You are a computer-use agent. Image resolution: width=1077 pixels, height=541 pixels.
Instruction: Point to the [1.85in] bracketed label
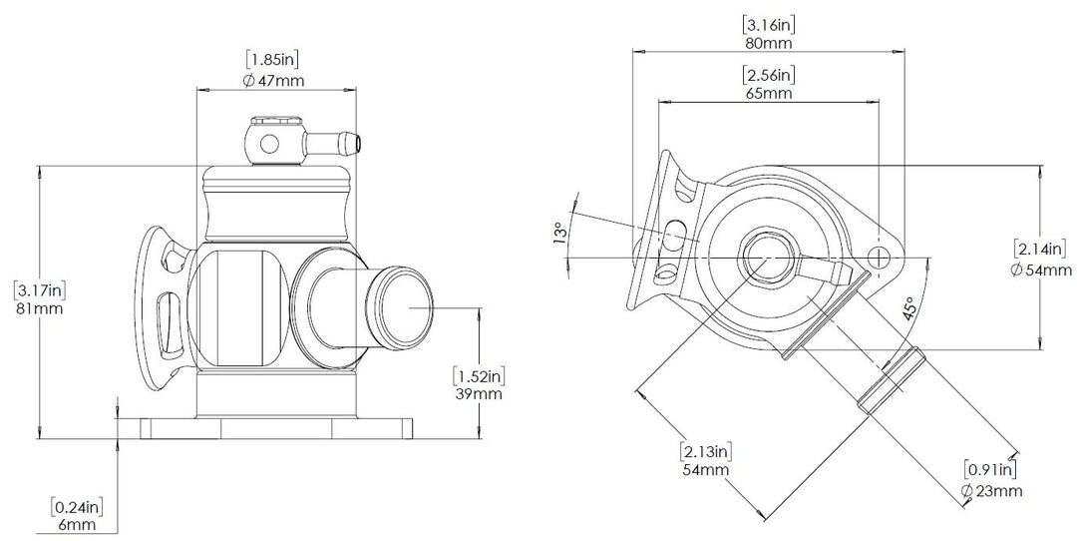pos(273,62)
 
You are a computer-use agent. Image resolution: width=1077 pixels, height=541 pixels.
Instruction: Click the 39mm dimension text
pos(477,394)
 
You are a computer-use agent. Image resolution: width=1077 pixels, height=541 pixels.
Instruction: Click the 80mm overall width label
pos(769,44)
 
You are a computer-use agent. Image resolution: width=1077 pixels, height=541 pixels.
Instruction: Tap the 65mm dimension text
pos(769,93)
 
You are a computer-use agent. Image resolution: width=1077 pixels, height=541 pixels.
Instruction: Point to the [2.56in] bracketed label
pos(769,75)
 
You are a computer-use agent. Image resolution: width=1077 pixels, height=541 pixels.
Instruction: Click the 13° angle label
pos(562,234)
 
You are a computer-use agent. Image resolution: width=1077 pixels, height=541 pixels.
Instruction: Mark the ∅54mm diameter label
pos(1041,270)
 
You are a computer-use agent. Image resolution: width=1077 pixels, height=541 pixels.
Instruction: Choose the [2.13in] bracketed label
pos(705,450)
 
